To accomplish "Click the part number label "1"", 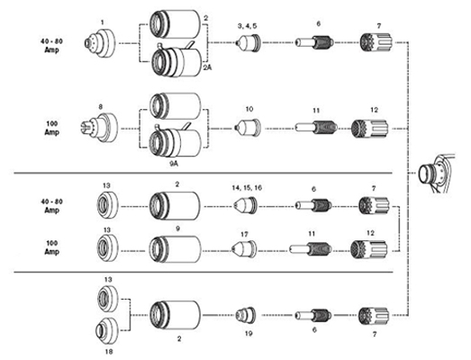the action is [x=103, y=22].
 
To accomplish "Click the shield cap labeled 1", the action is [x=99, y=43].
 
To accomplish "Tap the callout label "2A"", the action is [x=207, y=67].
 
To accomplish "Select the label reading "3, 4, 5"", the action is [x=248, y=26].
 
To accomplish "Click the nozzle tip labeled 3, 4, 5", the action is [x=249, y=43].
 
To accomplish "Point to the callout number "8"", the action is [x=100, y=107].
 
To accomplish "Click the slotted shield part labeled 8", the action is [x=100, y=127].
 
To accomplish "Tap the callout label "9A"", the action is [x=174, y=164].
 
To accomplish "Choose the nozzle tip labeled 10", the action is [x=248, y=128].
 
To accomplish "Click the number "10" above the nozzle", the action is [x=249, y=109].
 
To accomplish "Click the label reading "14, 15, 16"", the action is [x=247, y=188].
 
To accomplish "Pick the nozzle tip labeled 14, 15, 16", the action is [x=246, y=206].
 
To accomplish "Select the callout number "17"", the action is [x=245, y=234].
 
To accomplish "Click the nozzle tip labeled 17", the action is [x=244, y=250].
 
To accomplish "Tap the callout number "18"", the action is [x=108, y=351].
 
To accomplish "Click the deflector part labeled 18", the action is [x=106, y=330].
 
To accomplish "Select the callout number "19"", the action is [x=249, y=333].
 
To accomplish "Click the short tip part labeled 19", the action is [x=246, y=315].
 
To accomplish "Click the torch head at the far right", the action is [x=437, y=174].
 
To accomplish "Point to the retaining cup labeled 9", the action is [x=175, y=249].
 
